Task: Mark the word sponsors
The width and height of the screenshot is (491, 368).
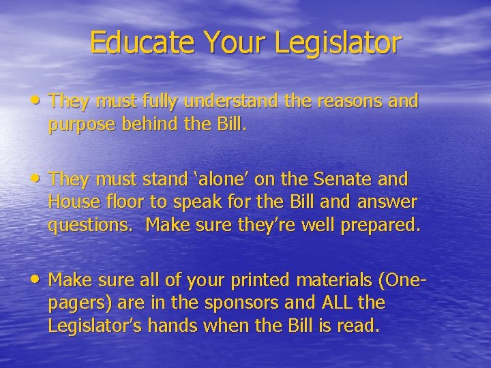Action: click(x=242, y=303)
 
